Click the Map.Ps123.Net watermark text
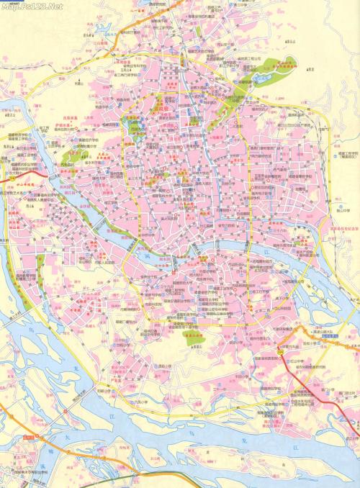point(32,6)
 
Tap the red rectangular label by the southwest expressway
point(28,437)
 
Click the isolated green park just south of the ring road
point(192,338)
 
